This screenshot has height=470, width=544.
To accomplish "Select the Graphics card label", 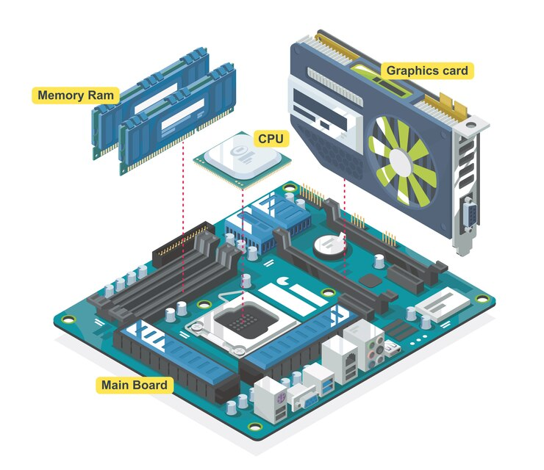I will pos(427,70).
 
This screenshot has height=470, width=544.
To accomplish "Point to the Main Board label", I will pos(134,385).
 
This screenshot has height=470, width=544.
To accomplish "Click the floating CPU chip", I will pos(243,159).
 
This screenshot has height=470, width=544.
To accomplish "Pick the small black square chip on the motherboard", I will pos(369,280).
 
